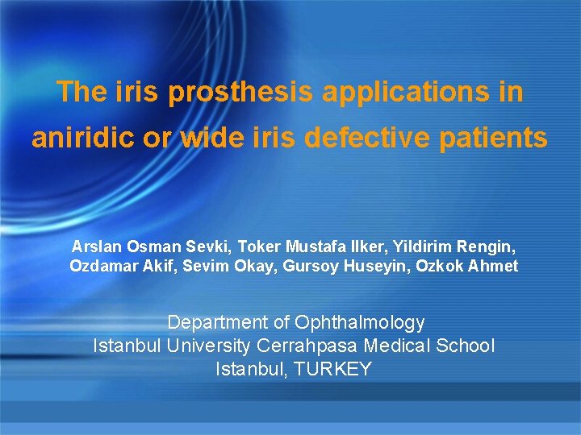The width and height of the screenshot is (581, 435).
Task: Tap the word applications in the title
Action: click(411, 93)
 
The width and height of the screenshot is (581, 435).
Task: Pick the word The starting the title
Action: click(77, 93)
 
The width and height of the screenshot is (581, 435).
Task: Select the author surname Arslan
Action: click(94, 246)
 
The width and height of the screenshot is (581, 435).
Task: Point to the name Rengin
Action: click(485, 246)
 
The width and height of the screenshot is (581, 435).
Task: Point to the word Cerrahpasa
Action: click(310, 346)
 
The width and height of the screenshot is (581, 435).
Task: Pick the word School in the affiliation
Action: click(466, 346)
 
